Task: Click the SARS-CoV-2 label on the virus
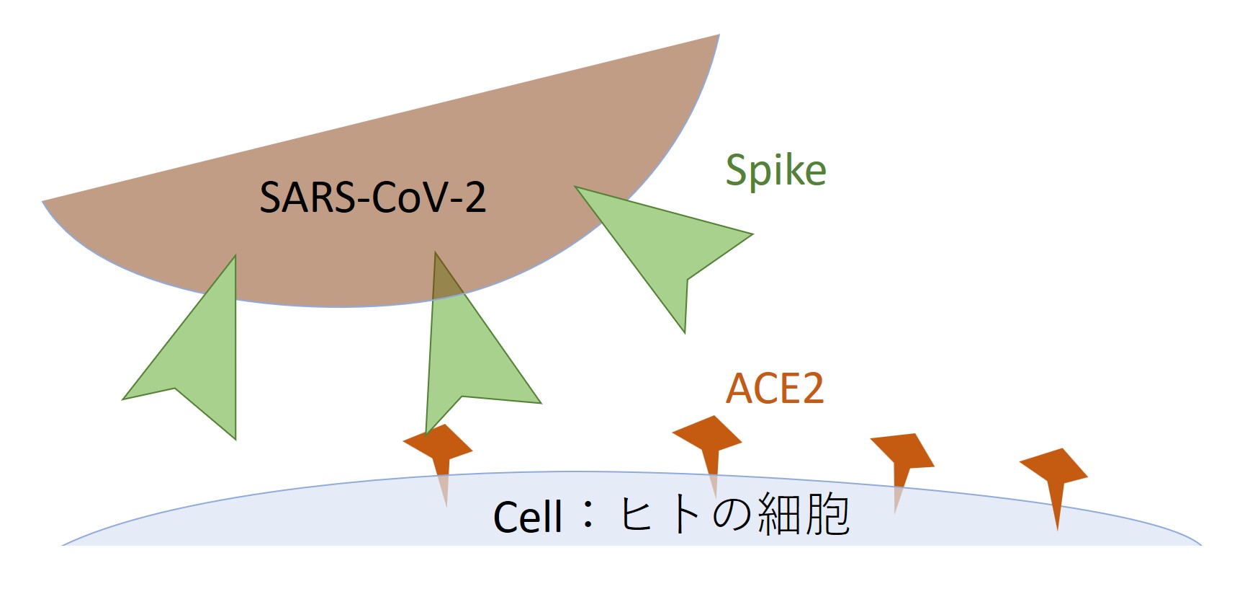coord(372,197)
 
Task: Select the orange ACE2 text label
coord(774,389)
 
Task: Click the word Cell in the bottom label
coord(527,517)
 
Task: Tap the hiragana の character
coord(733,515)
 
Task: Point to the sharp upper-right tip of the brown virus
coord(719,35)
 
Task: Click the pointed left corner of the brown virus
coord(43,202)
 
